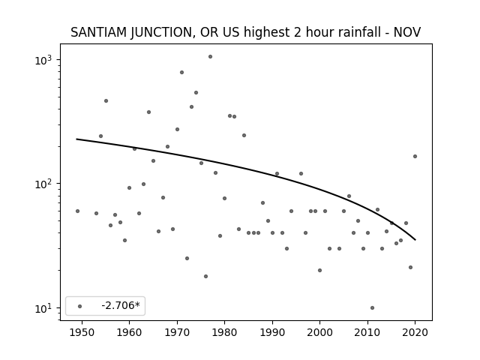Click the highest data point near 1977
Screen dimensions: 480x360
tap(210, 57)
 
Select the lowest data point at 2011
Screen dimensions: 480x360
tap(372, 308)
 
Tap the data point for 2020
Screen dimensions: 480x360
tap(415, 157)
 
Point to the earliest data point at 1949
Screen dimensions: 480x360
tap(77, 211)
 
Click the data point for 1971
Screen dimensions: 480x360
tap(181, 73)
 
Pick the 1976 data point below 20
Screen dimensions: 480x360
tap(205, 277)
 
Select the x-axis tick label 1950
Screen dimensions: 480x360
tap(82, 332)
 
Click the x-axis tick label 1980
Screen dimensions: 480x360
tap(225, 332)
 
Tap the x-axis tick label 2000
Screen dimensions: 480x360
tap(320, 332)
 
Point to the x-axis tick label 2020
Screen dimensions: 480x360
tap(415, 332)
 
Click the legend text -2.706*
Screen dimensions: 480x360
tap(121, 305)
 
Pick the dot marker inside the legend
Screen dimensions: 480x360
tap(80, 306)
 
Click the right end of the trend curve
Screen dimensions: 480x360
tap(415, 240)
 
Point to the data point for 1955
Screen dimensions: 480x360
tap(106, 101)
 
